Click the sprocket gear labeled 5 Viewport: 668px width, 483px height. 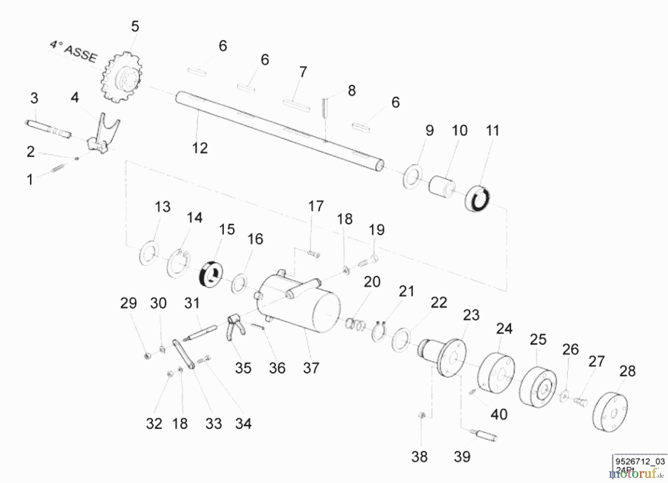pyautogui.click(x=121, y=77)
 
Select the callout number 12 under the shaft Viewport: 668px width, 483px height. pyautogui.click(x=200, y=148)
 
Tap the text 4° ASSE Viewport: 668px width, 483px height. pyautogui.click(x=74, y=52)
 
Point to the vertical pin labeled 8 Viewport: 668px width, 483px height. pyautogui.click(x=325, y=107)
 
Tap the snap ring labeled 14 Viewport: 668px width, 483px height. pyautogui.click(x=179, y=264)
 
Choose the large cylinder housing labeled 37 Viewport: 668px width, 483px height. pyautogui.click(x=301, y=308)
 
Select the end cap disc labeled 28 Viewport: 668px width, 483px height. pyautogui.click(x=610, y=411)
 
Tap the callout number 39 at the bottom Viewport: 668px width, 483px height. pyautogui.click(x=462, y=457)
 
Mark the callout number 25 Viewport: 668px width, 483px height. pyautogui.click(x=538, y=339)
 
